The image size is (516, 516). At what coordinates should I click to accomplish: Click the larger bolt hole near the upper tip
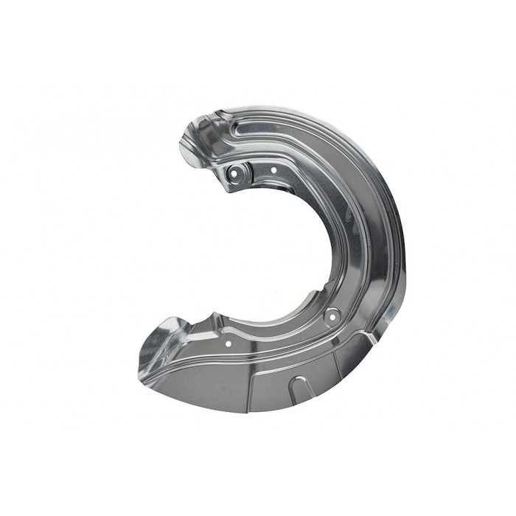pos(235,174)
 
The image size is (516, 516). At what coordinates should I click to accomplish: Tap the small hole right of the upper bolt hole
pos(273,170)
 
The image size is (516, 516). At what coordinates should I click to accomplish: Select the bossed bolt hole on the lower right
pos(330,315)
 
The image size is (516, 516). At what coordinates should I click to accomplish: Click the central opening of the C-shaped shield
pos(280,251)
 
